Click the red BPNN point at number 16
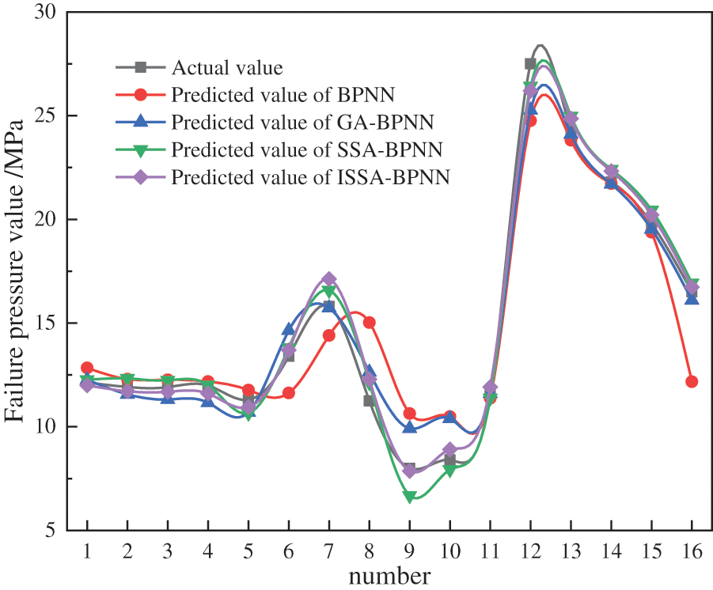tap(692, 381)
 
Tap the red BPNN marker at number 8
tap(369, 322)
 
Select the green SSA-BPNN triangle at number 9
tap(409, 497)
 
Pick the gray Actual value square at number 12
tap(530, 63)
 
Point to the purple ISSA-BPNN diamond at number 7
tap(328, 279)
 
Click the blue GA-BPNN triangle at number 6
tap(288, 330)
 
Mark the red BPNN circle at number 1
tap(87, 368)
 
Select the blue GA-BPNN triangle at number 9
tap(409, 427)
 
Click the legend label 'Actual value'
tap(227, 68)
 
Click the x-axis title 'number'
tap(390, 575)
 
